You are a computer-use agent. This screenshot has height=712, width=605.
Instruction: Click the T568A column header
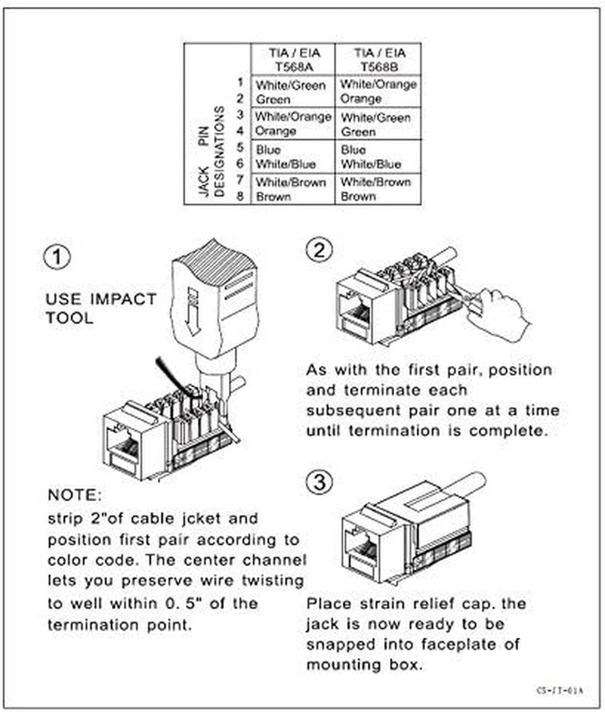[293, 59]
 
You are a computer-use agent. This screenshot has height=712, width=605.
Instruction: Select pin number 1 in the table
[240, 84]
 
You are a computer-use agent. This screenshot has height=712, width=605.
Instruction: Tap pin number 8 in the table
[240, 196]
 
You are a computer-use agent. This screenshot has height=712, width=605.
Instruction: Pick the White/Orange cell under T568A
[293, 117]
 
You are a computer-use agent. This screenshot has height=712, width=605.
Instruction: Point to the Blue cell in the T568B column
[354, 150]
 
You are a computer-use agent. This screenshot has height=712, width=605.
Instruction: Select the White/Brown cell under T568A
[291, 182]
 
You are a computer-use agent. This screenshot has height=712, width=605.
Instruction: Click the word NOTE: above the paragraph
[75, 493]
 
